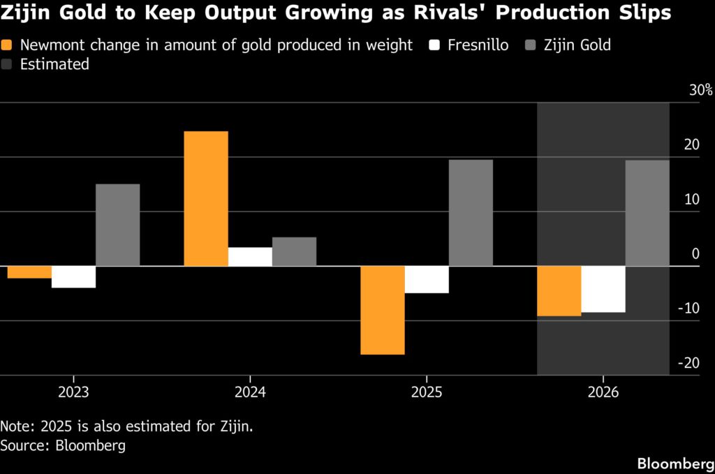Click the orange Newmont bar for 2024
coord(206,198)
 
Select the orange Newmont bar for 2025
coord(382,310)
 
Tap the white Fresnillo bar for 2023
coord(73,276)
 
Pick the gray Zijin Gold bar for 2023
coord(117,225)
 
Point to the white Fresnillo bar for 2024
coord(250,256)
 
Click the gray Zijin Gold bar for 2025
coord(471,213)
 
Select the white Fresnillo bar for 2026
coord(603,289)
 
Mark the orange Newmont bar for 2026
coord(559,291)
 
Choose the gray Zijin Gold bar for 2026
coord(647,213)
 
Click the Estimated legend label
coord(55,64)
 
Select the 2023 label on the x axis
coord(73,393)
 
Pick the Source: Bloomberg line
coord(63,445)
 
